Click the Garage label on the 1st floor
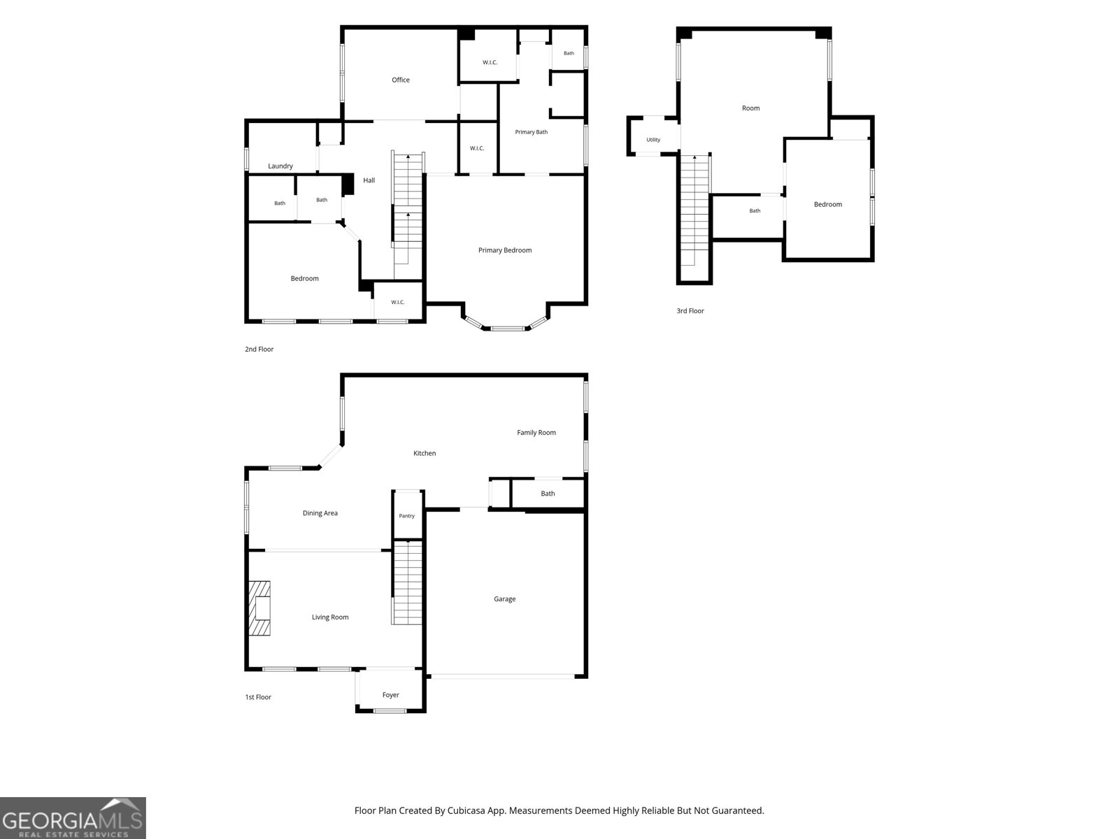[504, 599]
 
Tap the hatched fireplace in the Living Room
[259, 608]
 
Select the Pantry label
[407, 516]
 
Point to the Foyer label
[390, 695]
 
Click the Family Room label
[536, 433]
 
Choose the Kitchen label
[424, 453]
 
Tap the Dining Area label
[320, 513]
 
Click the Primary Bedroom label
[505, 250]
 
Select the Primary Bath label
[532, 132]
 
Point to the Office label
[401, 80]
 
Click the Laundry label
[280, 166]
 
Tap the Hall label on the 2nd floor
[369, 180]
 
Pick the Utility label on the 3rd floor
[653, 140]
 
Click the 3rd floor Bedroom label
[828, 204]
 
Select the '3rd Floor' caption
[690, 310]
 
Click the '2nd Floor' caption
[259, 350]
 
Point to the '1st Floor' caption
[258, 697]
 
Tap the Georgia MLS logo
[73, 818]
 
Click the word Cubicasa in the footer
[466, 810]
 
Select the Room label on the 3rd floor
[750, 108]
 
